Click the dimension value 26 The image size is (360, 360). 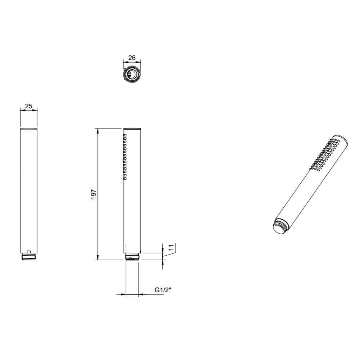point(132,58)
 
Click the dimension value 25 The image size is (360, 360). point(29,106)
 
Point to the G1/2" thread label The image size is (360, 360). point(162,290)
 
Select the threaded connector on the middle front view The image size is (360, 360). point(132,257)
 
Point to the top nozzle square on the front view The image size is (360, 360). point(125,135)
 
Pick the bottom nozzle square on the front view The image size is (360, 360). point(125,177)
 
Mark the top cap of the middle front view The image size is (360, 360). point(132,128)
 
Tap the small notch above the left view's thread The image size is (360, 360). point(29,251)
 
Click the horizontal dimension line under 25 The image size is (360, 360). point(29,111)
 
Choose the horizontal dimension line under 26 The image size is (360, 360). point(132,62)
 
